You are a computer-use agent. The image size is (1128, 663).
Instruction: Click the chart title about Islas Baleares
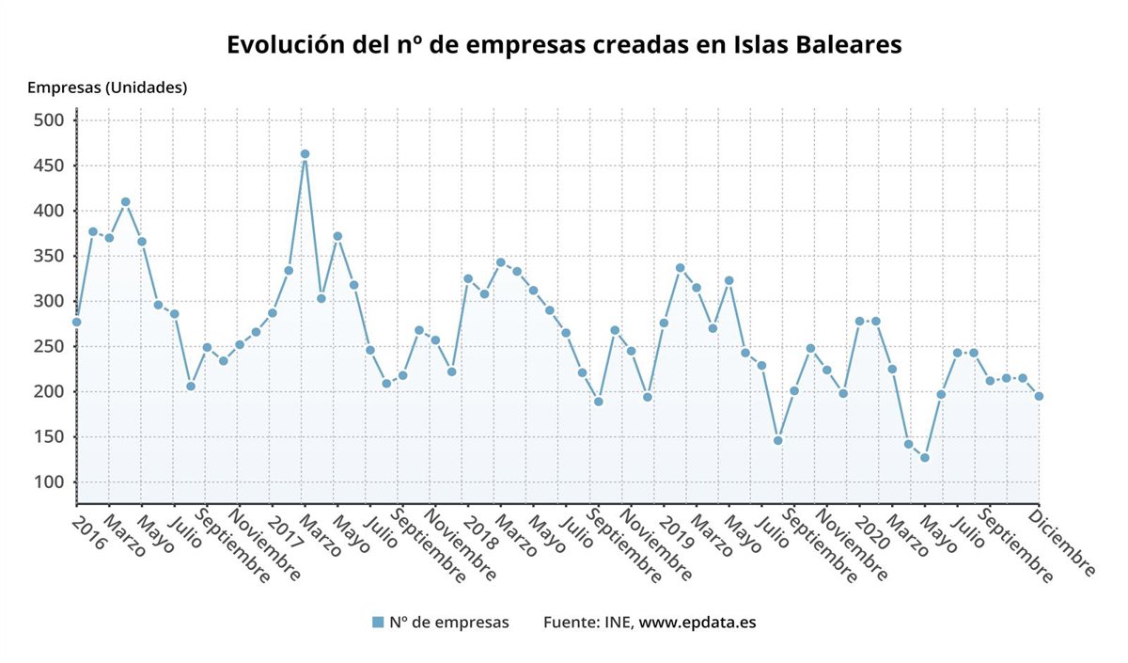coord(564,45)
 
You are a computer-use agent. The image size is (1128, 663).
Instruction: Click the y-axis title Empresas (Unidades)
coord(107,87)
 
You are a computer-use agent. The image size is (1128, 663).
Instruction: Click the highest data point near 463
coord(305,153)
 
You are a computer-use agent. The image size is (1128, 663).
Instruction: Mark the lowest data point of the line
coord(925,458)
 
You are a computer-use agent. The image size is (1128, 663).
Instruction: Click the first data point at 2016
coord(76,322)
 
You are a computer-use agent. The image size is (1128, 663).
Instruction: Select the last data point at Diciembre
coord(1039,396)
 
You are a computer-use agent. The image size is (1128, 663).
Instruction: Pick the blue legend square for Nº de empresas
coord(378,622)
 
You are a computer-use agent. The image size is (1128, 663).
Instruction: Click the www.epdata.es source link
coord(697,622)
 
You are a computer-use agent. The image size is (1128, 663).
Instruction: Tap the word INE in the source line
coord(619,622)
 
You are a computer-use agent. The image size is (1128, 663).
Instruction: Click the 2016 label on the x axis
coord(88,529)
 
